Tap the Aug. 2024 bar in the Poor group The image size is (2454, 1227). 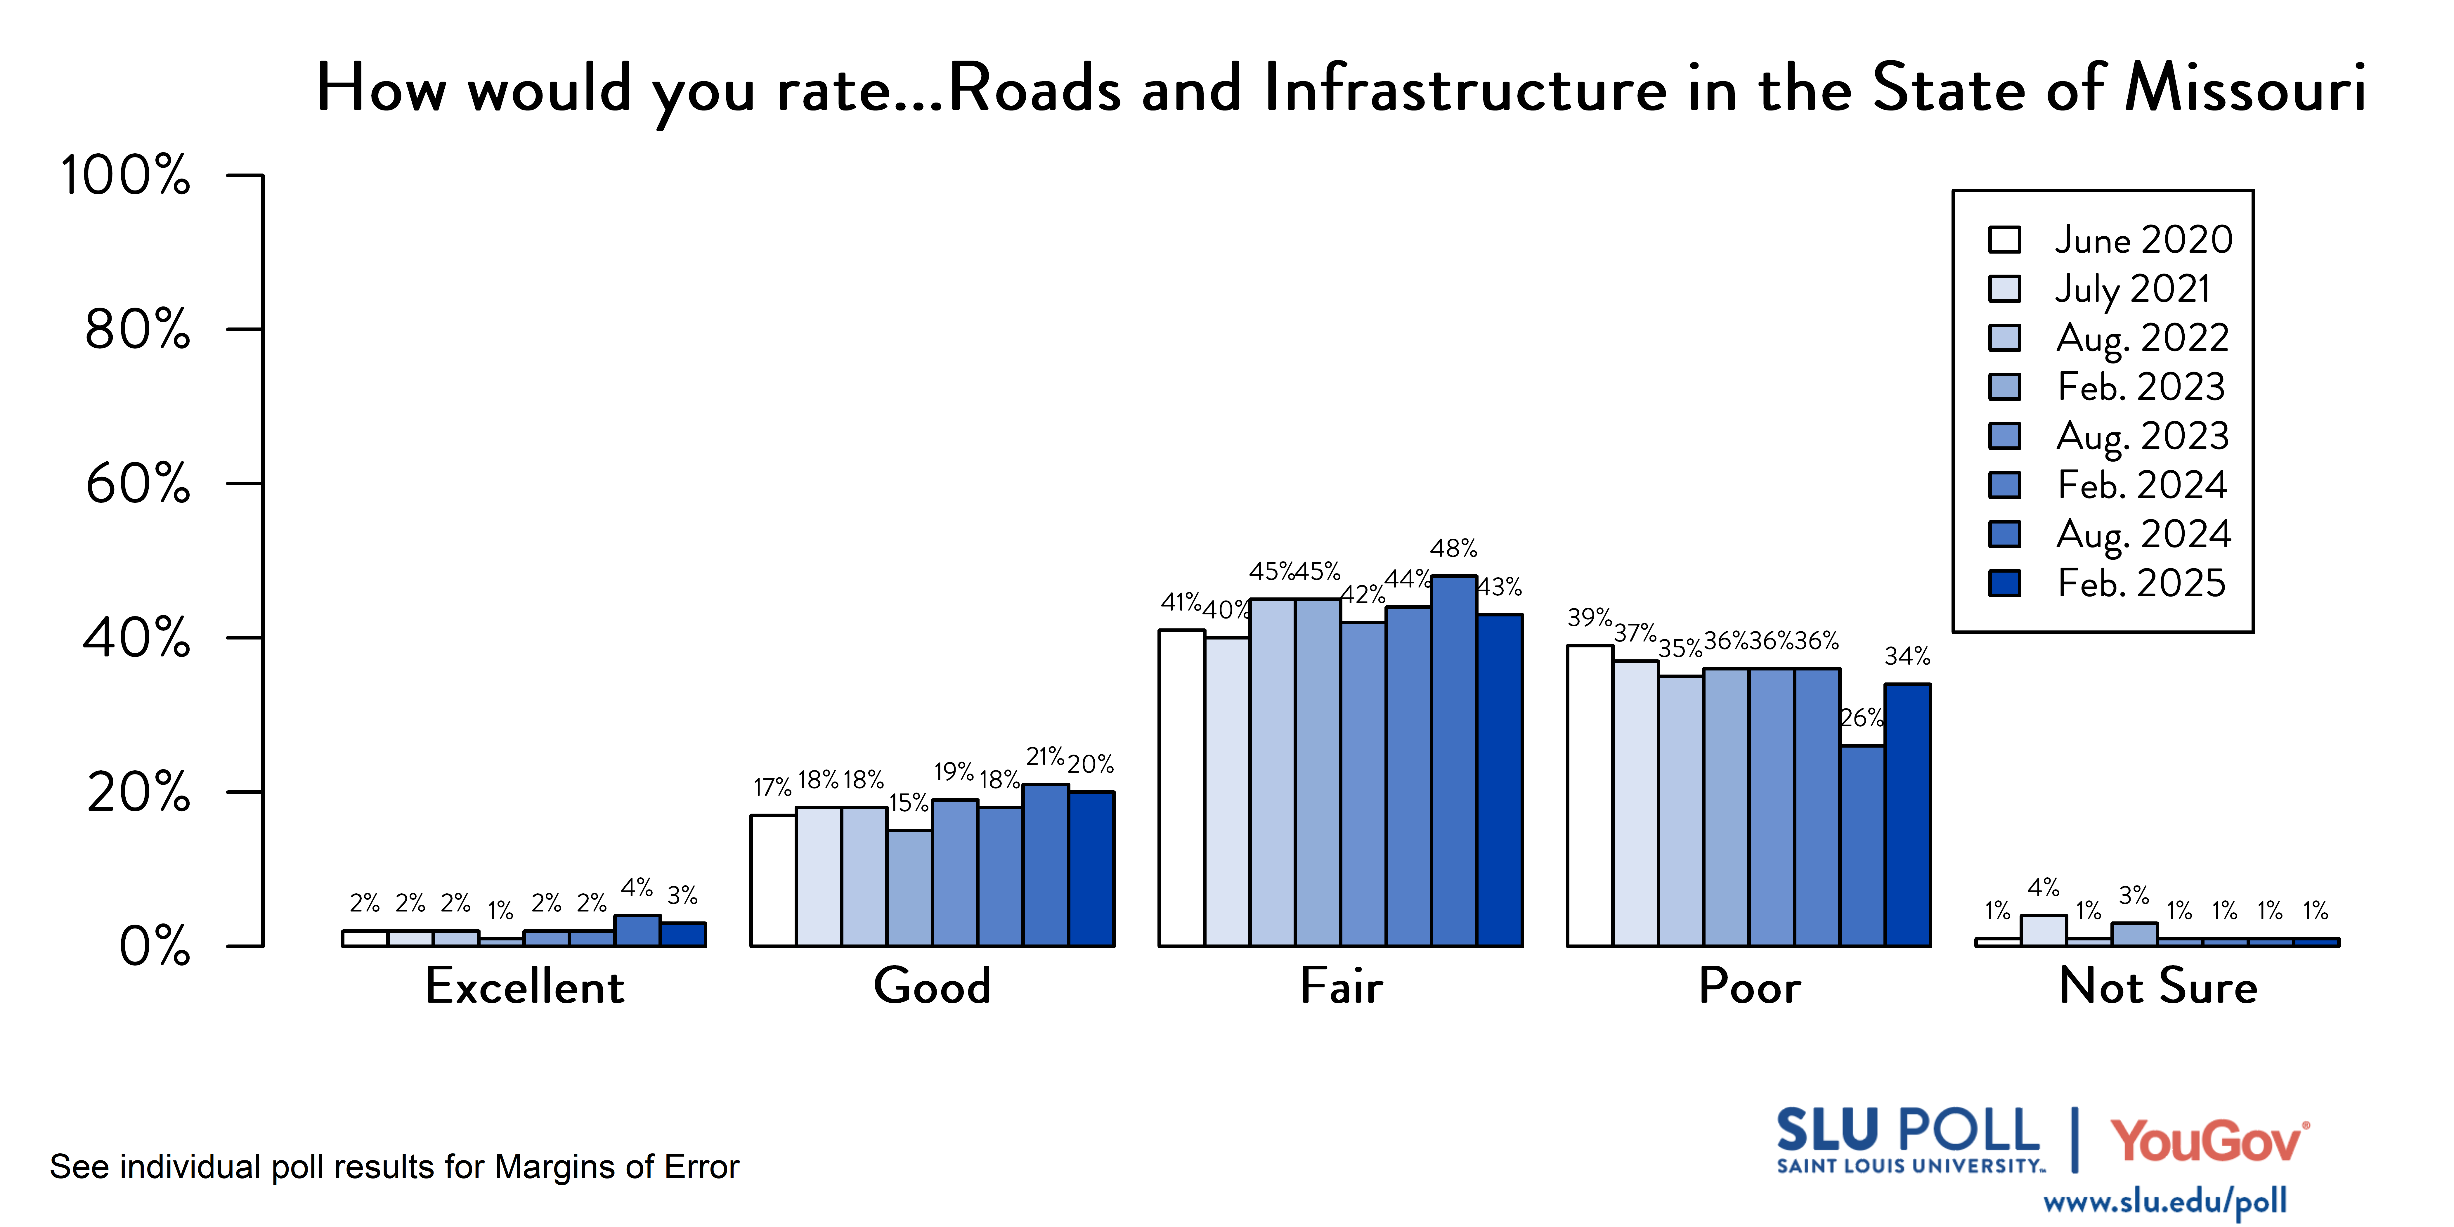(1862, 846)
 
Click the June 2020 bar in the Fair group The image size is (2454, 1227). (1181, 788)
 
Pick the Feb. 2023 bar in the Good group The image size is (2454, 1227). (910, 888)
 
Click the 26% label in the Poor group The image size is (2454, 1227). (1860, 717)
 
